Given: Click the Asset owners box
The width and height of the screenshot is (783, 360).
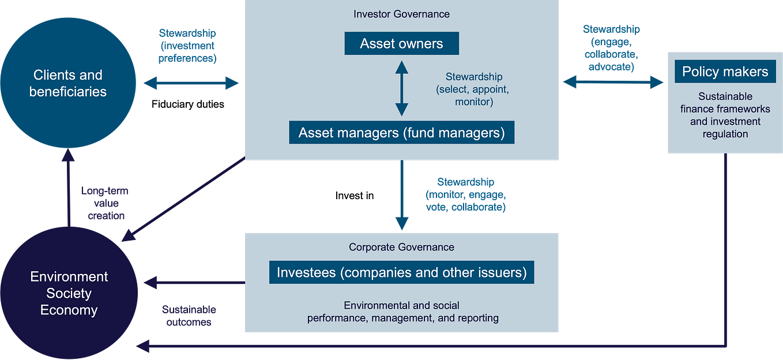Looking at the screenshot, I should pos(401,43).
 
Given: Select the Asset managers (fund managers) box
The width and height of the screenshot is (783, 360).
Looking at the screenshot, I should pos(401,133).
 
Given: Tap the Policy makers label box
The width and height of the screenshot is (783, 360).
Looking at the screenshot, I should pos(725,72).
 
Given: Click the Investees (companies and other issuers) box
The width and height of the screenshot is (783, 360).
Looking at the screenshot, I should pos(401,272).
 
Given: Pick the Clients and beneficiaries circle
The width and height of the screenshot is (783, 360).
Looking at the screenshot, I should pos(68,83).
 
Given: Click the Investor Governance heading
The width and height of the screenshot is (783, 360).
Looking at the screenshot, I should pos(401,14).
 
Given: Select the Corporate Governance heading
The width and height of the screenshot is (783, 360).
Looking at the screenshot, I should pos(401,247).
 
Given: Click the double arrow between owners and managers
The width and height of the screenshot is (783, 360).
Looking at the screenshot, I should pos(401,88).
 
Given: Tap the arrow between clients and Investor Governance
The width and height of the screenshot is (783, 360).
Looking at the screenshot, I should pos(191,83).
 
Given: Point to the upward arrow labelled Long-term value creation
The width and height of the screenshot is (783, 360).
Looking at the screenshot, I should pos(69,185).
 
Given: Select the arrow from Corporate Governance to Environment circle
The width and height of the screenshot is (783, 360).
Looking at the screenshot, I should pos(194,283).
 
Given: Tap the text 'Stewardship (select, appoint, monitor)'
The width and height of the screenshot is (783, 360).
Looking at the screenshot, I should pos(473,89).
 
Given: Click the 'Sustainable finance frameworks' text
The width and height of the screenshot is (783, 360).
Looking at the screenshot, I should pos(725,115).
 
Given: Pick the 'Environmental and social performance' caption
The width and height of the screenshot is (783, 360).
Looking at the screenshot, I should pos(402,312).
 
